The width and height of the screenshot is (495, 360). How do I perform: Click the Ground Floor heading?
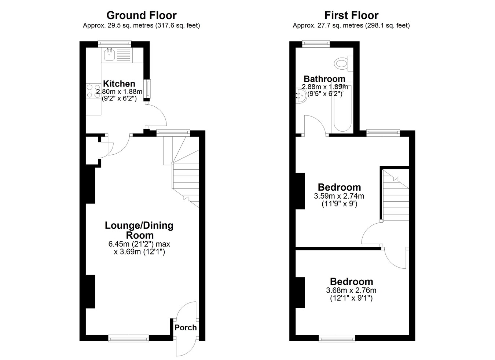[x=142, y=15]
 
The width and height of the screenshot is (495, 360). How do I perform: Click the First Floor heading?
[x=351, y=15]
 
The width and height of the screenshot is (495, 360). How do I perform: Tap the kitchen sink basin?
[x=109, y=55]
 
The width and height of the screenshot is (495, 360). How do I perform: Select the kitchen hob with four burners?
[x=93, y=91]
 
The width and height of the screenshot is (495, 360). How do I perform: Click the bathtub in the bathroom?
[x=342, y=108]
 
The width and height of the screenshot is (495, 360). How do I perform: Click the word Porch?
[x=186, y=328]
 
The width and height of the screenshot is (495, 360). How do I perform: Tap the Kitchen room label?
[x=119, y=84]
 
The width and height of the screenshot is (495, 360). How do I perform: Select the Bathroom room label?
[x=324, y=79]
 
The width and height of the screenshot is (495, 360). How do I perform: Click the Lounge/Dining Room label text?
[x=139, y=230]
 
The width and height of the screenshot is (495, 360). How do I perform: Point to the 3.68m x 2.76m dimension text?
[x=351, y=290]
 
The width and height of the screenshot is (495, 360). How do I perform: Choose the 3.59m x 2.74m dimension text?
[x=339, y=196]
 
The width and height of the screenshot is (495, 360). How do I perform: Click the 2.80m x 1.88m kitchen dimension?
[x=119, y=91]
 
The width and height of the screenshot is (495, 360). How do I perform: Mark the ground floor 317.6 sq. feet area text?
[x=178, y=26]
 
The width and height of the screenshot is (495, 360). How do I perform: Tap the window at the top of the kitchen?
[x=114, y=44]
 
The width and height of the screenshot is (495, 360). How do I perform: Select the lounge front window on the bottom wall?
[x=128, y=338]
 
